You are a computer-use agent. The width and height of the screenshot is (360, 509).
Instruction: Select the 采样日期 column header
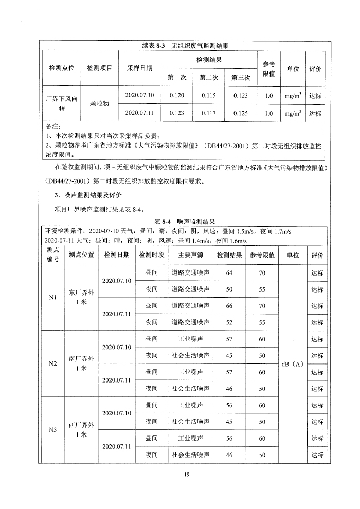(139, 68)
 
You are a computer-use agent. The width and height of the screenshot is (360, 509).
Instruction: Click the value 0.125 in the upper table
(240, 113)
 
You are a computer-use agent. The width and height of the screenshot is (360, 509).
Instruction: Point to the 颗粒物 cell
(99, 104)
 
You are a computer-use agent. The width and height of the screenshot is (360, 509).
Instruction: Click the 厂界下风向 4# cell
(61, 104)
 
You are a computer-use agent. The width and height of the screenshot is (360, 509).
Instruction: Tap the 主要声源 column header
(190, 255)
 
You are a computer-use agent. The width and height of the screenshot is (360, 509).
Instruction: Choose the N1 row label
(52, 297)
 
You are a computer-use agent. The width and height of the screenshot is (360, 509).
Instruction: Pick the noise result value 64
(229, 273)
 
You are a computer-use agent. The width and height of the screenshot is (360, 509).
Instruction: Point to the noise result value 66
(229, 306)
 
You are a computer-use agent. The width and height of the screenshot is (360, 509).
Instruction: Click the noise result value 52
(229, 322)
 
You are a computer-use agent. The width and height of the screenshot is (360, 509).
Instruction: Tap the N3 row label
(52, 430)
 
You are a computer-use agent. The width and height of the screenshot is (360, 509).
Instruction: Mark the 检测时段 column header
(151, 255)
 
